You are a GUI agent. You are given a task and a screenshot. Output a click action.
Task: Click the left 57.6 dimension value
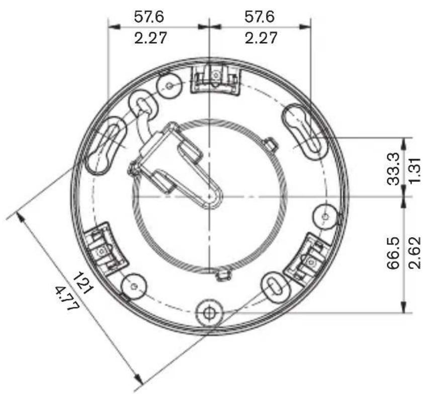(x=149, y=17)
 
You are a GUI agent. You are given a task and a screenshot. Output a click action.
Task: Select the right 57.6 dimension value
(x=260, y=17)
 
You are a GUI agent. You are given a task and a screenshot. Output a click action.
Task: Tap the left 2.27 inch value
(x=150, y=38)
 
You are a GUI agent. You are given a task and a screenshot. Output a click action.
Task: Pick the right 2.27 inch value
(x=261, y=38)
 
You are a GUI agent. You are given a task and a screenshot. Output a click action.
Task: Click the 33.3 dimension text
(x=393, y=169)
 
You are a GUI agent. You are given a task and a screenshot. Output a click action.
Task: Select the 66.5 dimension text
(x=393, y=253)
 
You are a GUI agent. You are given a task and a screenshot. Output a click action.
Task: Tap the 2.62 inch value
(x=415, y=253)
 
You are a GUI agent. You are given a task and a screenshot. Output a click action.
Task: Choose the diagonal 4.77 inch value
(x=67, y=298)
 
